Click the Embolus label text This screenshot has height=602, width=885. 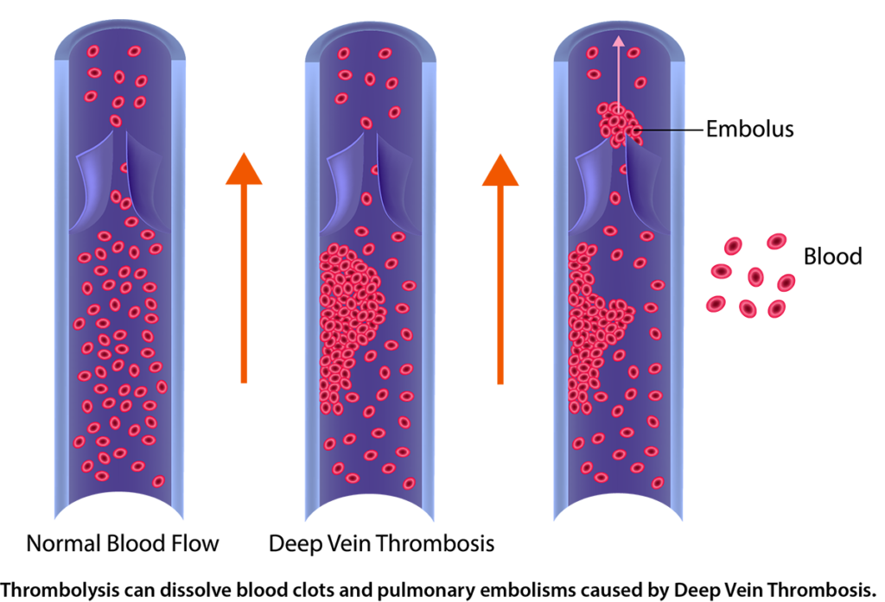point(749,130)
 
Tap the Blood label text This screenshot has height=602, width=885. point(832,257)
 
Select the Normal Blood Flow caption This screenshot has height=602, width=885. point(123,543)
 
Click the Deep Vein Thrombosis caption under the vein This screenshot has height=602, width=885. point(381,543)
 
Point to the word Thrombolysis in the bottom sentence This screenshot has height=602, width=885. point(60,590)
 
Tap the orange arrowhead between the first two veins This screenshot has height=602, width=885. point(244,168)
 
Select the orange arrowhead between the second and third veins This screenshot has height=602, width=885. point(500,170)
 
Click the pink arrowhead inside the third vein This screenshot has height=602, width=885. point(619,41)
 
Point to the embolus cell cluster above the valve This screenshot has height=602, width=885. point(619,124)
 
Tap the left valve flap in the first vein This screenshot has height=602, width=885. point(94,181)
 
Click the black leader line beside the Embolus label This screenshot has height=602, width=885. point(671,130)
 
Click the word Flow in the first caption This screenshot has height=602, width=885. point(198,543)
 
